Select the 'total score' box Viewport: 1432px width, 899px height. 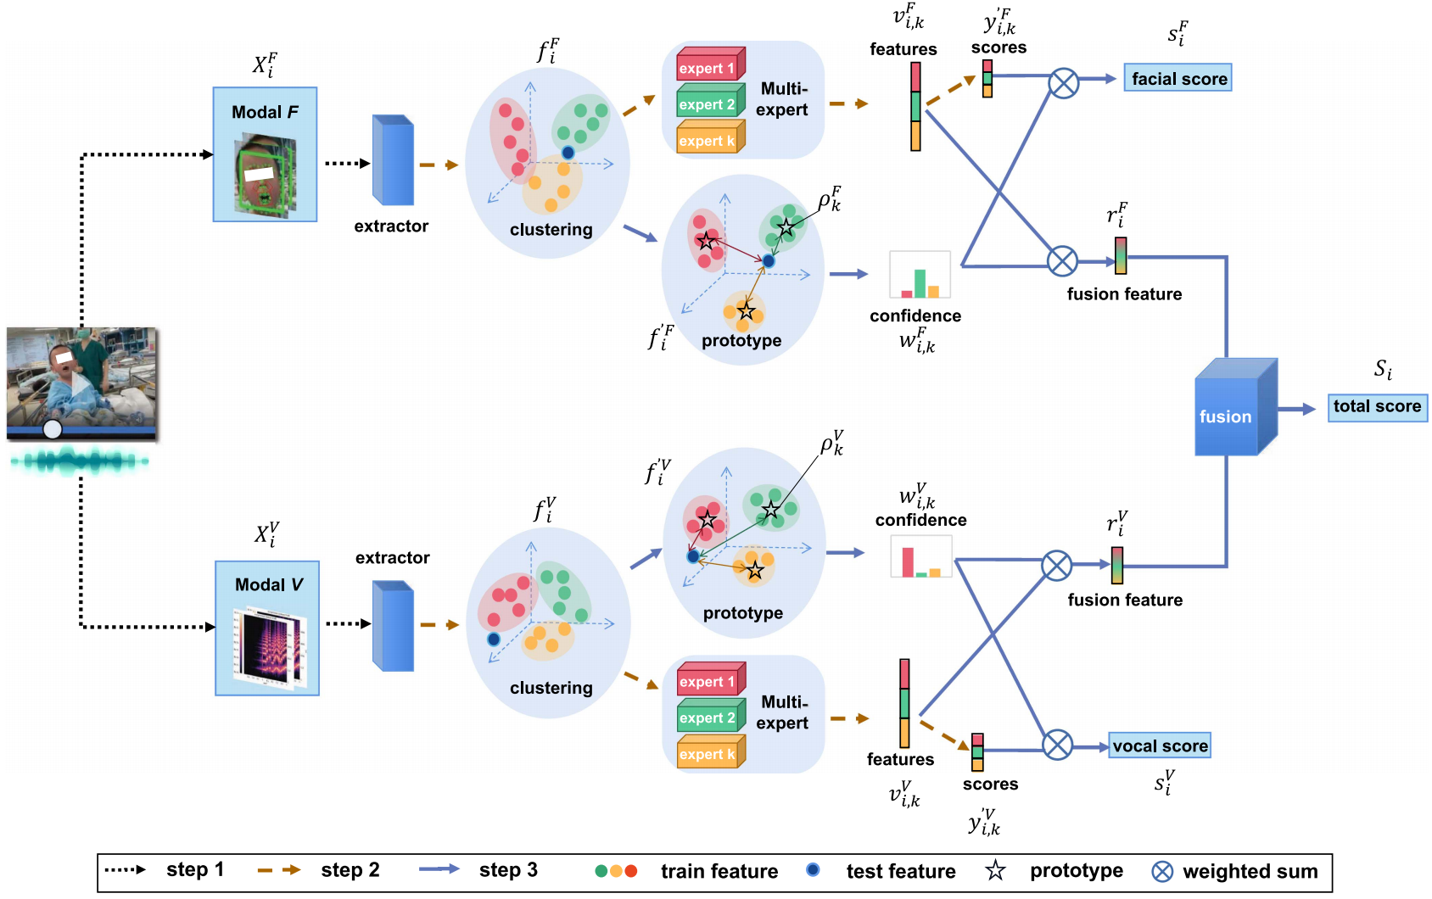[1377, 407]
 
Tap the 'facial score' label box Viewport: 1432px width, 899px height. [1177, 79]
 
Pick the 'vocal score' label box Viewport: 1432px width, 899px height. [1160, 746]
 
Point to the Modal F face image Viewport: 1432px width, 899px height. [265, 176]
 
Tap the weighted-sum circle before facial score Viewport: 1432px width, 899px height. [1063, 83]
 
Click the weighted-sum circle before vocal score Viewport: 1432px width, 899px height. [1057, 745]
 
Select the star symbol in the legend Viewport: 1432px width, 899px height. [995, 871]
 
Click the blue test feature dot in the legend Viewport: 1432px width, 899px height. [813, 870]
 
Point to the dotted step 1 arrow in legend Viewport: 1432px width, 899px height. [125, 870]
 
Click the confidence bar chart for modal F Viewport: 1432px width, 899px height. [920, 275]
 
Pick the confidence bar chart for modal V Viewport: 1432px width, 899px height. [921, 557]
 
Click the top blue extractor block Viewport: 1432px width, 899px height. [393, 161]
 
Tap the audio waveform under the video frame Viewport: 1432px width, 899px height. [81, 462]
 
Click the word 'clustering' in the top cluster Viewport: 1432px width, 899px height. [551, 230]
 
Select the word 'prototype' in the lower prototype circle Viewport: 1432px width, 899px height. [742, 613]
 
